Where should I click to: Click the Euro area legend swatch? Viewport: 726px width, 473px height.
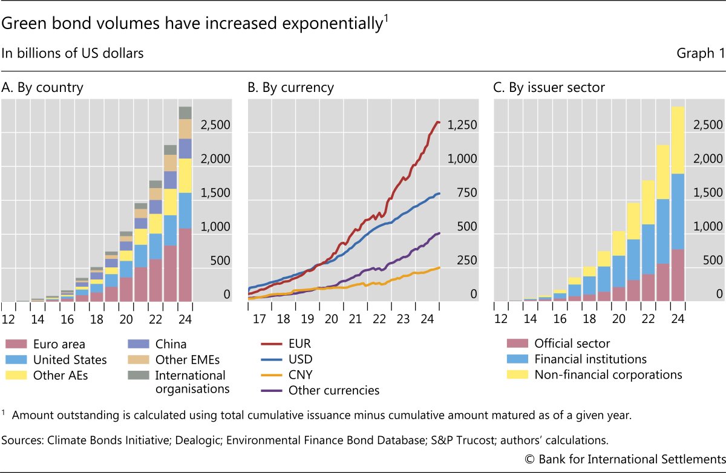15,344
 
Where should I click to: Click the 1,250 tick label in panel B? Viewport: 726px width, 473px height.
463,125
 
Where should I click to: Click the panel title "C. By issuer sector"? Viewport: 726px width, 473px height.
549,88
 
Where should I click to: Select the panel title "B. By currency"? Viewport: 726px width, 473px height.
290,88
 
